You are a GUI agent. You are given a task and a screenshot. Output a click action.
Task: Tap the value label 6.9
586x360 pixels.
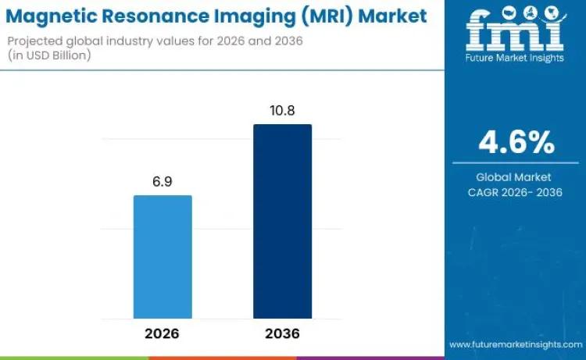pos(163,181)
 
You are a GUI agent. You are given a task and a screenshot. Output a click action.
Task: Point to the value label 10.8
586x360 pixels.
pos(282,111)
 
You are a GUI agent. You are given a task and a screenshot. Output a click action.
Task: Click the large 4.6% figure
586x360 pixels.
pos(516,144)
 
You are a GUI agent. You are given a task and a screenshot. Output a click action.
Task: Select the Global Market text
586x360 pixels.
pos(515,177)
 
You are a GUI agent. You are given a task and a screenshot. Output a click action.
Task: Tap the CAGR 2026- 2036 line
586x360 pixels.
pos(515,192)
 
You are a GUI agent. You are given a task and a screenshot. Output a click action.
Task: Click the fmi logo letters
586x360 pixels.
pos(515,28)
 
